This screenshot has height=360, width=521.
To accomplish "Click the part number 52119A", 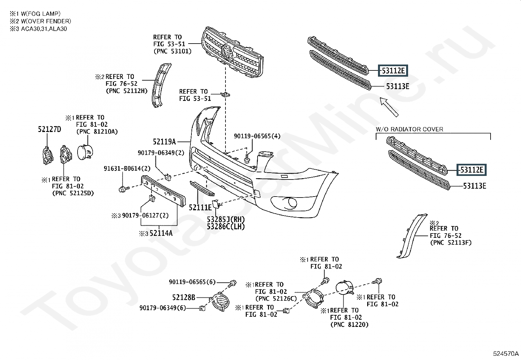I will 164,142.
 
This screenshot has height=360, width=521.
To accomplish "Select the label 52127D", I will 49,129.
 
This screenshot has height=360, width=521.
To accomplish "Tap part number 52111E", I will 200,207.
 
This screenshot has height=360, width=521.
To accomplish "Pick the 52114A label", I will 161,233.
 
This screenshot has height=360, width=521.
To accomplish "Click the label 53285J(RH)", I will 226,219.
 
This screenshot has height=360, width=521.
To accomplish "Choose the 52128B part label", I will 184,297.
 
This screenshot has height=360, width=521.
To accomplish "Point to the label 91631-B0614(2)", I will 127,168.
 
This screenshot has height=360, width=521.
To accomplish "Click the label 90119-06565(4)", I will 257,136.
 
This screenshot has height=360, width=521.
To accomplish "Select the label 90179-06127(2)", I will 145,216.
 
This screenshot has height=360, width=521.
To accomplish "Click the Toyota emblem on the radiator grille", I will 227,52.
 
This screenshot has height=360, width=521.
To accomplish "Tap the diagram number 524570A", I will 506,353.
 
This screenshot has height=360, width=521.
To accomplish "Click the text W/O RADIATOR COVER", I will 409,129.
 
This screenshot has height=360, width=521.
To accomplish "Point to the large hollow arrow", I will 389,106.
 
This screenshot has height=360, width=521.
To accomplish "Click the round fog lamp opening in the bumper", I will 290,203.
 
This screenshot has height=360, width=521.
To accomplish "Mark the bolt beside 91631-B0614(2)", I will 124,189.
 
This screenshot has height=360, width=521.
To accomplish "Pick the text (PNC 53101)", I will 172,51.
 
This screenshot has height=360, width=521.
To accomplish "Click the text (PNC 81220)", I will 349,325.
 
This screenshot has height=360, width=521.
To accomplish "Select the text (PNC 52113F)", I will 451,242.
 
